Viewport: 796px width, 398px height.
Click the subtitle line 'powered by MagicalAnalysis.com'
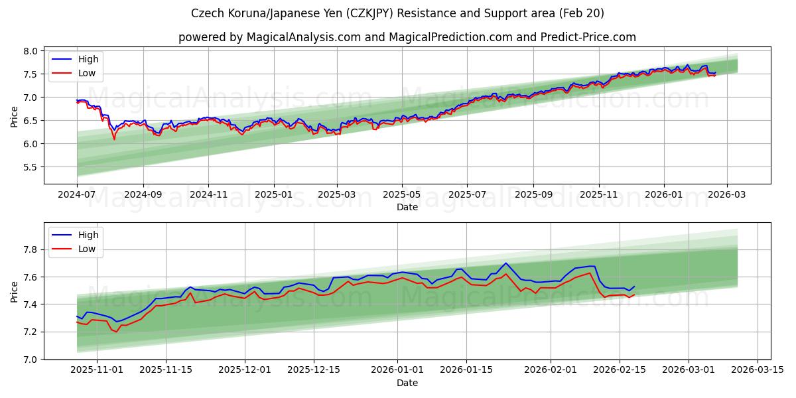(x=407, y=37)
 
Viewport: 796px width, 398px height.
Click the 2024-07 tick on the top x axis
(x=77, y=194)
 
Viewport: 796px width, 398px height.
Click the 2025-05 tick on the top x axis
(x=401, y=194)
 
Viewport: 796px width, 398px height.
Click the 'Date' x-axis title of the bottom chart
(x=407, y=383)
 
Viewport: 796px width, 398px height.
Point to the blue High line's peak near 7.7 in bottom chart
(x=505, y=263)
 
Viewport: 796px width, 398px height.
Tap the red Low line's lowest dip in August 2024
(x=114, y=139)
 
